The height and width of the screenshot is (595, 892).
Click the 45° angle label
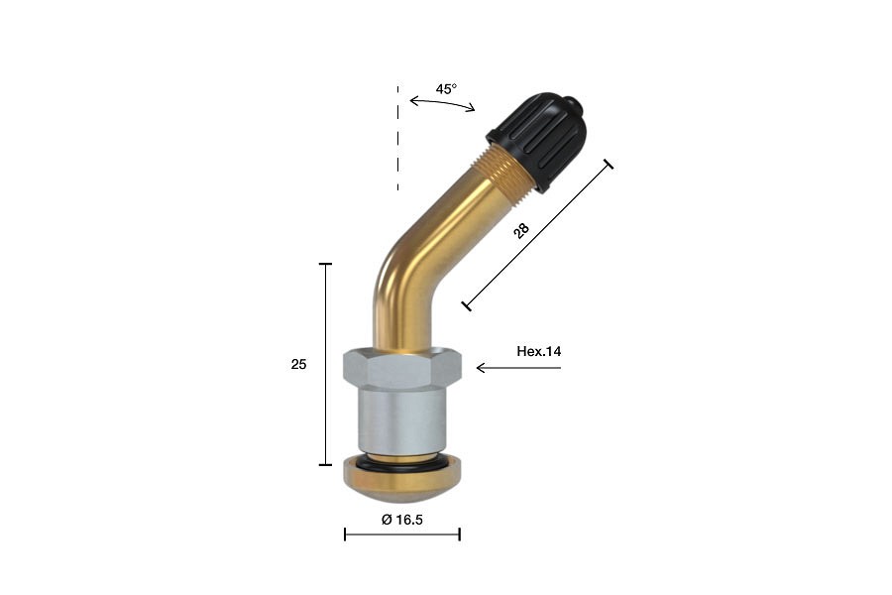point(446,89)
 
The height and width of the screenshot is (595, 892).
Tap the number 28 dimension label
point(521,231)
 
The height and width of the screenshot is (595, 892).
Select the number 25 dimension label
point(298,364)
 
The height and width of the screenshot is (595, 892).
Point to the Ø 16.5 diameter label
point(402,520)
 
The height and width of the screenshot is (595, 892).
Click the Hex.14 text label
point(539,351)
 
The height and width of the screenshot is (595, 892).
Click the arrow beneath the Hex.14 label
point(518,368)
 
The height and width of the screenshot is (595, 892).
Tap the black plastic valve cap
point(537,141)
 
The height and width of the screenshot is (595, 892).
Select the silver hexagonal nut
point(402,368)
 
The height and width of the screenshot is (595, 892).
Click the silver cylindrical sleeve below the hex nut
point(401,419)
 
